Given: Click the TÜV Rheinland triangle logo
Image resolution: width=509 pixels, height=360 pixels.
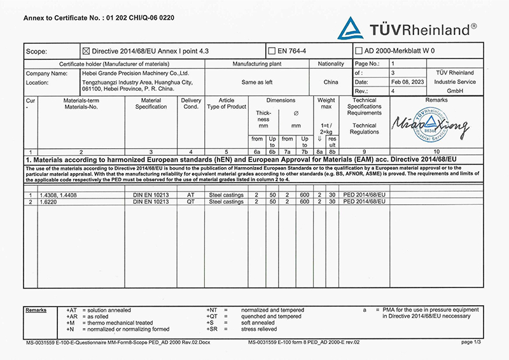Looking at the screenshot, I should pyautogui.click(x=350, y=29).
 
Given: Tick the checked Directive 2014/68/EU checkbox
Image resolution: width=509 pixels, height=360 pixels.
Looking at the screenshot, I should pyautogui.click(x=87, y=51).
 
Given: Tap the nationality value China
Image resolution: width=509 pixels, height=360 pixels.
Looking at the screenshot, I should pyautogui.click(x=331, y=82).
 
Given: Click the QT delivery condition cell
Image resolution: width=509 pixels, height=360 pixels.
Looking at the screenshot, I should pyautogui.click(x=190, y=202).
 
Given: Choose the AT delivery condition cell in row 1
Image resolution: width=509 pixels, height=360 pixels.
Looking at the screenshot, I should pyautogui.click(x=190, y=194).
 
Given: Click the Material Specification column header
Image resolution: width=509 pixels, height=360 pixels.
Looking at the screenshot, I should pyautogui.click(x=151, y=104).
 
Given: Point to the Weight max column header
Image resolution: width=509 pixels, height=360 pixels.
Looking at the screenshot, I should pyautogui.click(x=326, y=104).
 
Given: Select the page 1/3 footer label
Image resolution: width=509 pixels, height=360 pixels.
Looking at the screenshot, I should pyautogui.click(x=471, y=342).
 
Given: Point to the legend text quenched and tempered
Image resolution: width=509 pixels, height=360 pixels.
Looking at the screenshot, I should pyautogui.click(x=272, y=316).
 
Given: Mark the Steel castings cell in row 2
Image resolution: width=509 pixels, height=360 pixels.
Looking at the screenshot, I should pyautogui.click(x=227, y=202).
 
